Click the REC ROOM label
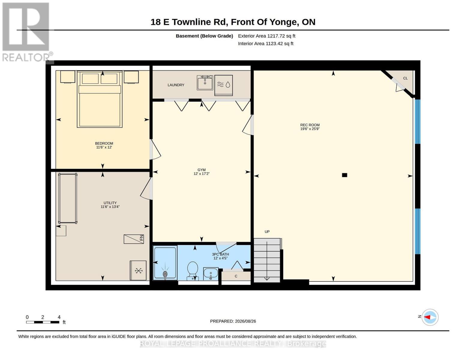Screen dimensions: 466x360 (x=310, y=125)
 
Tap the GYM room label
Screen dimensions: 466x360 (x=201, y=170)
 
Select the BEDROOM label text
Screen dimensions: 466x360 (x=104, y=143)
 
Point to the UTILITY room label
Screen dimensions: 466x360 (x=110, y=202)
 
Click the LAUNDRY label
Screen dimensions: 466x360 (x=176, y=85)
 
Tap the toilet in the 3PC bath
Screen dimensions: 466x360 (x=193, y=271)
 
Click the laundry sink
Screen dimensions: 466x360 (x=205, y=82)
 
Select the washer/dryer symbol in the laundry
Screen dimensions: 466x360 (x=224, y=85)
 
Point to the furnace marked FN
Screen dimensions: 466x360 (x=134, y=239)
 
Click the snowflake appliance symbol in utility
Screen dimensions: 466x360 (x=138, y=270)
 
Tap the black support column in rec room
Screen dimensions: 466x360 (x=344, y=175)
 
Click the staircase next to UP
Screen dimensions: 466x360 (x=267, y=260)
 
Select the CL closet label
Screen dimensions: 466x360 (x=405, y=78)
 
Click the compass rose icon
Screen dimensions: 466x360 (x=430, y=317)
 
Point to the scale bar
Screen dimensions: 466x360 (x=43, y=322)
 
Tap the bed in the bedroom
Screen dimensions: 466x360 (x=100, y=99)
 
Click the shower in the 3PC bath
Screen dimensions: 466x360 (x=165, y=263)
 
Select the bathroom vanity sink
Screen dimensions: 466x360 (x=211, y=274)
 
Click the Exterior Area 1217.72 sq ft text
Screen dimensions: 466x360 (x=266, y=36)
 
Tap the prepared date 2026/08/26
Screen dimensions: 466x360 (x=245, y=321)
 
